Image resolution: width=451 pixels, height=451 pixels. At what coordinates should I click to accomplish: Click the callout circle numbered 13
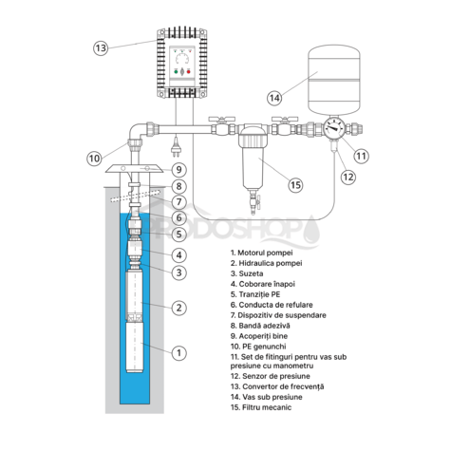102,46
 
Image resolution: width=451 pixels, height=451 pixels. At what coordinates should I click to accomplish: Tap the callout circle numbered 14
274,97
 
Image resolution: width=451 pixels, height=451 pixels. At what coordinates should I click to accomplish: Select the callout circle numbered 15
296,185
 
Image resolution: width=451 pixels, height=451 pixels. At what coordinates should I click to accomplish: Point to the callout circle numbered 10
95,158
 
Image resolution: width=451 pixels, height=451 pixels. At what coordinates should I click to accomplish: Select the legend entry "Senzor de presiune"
265,375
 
